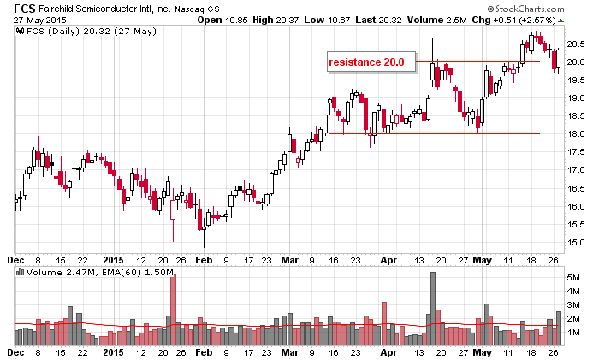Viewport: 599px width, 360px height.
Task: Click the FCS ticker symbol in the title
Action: pos(15,8)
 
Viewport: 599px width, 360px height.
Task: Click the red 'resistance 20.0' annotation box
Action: pos(371,62)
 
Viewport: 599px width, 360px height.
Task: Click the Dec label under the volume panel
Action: pos(15,351)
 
